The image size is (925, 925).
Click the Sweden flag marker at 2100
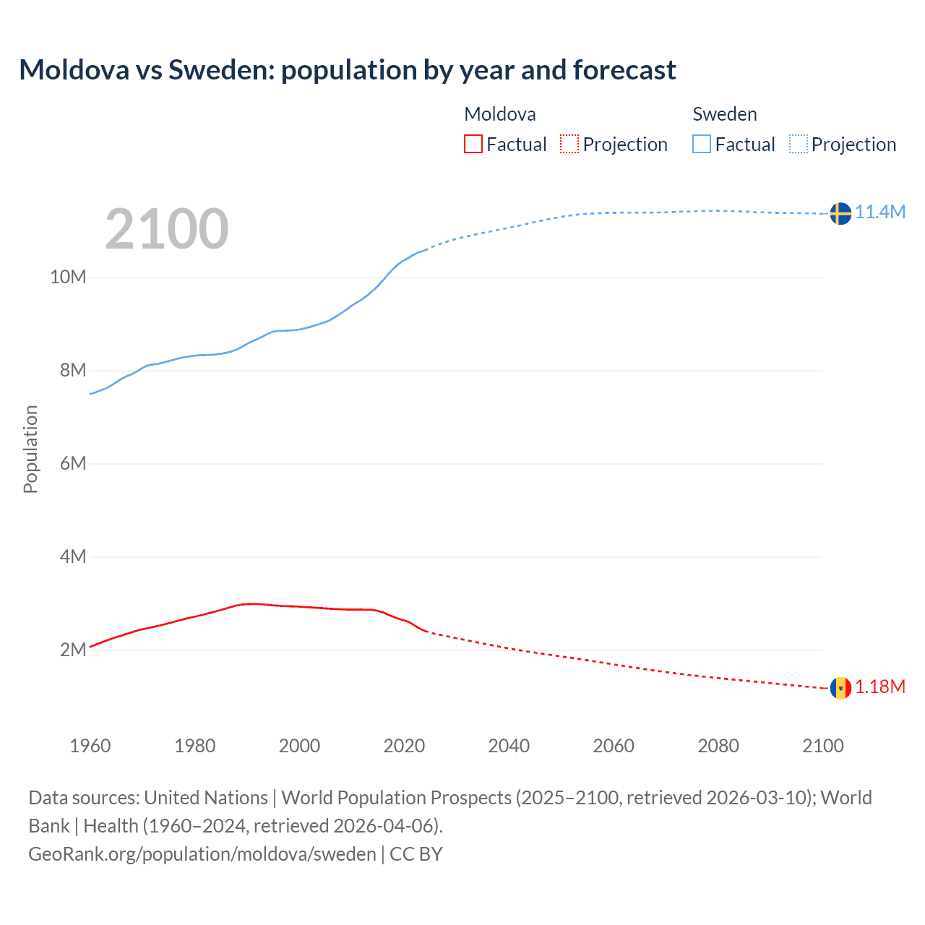coord(840,213)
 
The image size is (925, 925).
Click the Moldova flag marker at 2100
coord(840,688)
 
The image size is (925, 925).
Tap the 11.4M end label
coord(880,212)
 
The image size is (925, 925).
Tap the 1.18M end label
coord(880,687)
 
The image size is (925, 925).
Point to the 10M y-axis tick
coord(68,277)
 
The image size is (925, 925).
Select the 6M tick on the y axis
coord(72,463)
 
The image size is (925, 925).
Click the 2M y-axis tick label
coord(72,650)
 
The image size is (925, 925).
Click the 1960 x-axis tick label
coord(90,746)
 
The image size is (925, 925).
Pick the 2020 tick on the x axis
coord(404,746)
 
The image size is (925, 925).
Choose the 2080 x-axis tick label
coord(718,746)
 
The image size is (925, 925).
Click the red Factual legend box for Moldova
coord(473,144)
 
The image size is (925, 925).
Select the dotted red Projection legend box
coord(569,144)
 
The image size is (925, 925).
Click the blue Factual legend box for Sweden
coord(702,144)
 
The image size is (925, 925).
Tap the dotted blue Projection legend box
coord(799,144)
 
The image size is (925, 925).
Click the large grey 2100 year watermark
coord(167,229)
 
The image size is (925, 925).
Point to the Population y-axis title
coord(30,449)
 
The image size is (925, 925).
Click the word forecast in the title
coord(624,70)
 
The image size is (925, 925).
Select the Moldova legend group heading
coord(500,114)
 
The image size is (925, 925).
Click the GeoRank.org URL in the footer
coord(202,853)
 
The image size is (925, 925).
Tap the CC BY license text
coord(416,853)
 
